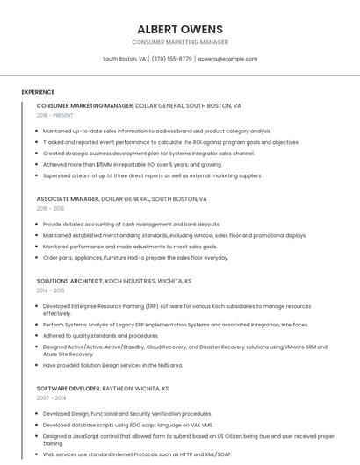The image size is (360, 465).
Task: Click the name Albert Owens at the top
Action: [x=180, y=29]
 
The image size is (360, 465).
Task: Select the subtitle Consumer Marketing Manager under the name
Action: [x=180, y=42]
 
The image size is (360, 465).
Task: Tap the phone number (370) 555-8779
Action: [x=171, y=59]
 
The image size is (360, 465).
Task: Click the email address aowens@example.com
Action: [x=227, y=59]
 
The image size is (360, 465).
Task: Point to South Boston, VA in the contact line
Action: [x=124, y=59]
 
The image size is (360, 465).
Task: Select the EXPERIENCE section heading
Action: [x=38, y=92]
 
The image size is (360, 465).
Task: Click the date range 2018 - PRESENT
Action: [x=55, y=115]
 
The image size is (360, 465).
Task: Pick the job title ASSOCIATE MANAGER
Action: [x=68, y=199]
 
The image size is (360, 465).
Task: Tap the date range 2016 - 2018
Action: [x=50, y=209]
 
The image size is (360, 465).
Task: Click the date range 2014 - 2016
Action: [x=50, y=290]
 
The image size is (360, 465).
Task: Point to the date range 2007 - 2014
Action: [x=51, y=397]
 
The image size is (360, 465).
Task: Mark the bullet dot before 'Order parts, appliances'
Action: [x=38, y=258]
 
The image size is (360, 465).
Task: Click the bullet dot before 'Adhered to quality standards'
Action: [x=38, y=336]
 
